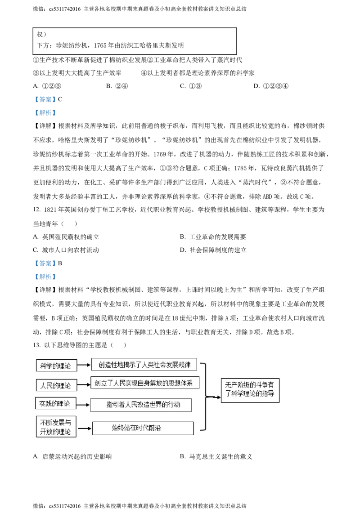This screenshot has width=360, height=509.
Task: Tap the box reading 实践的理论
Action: coord(55,403)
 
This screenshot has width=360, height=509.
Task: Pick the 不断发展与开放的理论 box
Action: coord(56,427)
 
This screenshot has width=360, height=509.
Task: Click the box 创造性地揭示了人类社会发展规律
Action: coord(144,365)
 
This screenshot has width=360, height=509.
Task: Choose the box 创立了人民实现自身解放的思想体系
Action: coord(145,384)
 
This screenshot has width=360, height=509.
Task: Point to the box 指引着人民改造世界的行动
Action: coord(141,405)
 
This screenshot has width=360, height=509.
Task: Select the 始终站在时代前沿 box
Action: coord(143,428)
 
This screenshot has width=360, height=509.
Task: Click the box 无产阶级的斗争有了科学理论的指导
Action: coord(250,390)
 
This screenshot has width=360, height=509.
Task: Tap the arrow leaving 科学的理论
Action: coord(84,366)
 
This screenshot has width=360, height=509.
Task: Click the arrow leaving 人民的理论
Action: coord(83,385)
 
